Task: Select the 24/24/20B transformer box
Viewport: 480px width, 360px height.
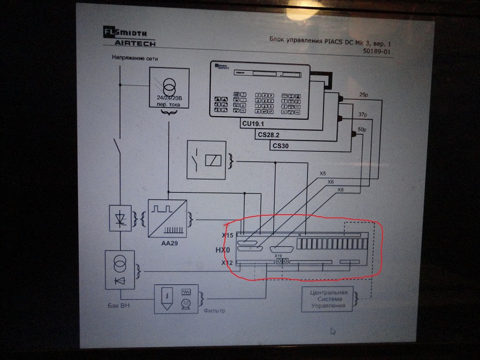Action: point(170,90)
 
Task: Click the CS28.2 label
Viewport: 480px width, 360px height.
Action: point(269,134)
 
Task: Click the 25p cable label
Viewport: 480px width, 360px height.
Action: point(363,94)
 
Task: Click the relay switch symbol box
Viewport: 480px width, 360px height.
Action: point(206,160)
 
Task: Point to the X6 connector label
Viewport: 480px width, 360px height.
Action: point(331,182)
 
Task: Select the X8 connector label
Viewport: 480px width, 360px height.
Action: point(340,190)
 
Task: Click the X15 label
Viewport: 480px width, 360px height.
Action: point(228,235)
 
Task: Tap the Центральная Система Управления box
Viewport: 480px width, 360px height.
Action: point(328,299)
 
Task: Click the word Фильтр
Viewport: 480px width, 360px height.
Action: point(214,311)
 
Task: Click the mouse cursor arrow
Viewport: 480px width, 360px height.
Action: point(334,331)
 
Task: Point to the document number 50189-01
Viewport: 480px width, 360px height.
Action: point(380,51)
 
